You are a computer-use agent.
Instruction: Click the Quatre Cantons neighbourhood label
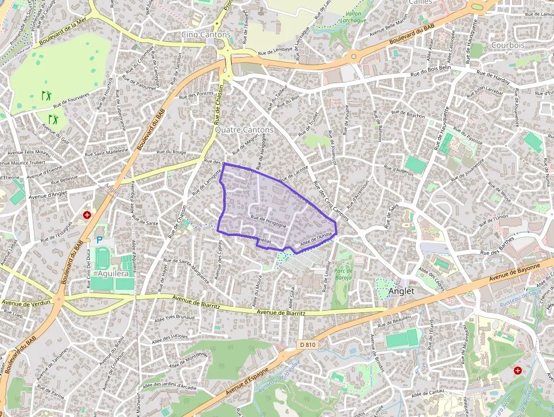click(x=244, y=130)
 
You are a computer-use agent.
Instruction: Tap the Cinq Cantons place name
click(x=206, y=35)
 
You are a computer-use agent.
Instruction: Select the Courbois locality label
click(x=508, y=45)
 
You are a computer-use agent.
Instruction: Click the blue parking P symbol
click(x=99, y=240)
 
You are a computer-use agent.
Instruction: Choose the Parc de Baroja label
click(x=344, y=274)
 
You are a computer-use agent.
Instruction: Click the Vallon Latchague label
click(x=352, y=16)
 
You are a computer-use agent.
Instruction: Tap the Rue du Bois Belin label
click(x=430, y=71)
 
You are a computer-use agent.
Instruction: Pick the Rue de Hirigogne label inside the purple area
click(x=269, y=221)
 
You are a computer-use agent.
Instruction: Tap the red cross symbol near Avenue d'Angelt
click(x=87, y=215)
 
